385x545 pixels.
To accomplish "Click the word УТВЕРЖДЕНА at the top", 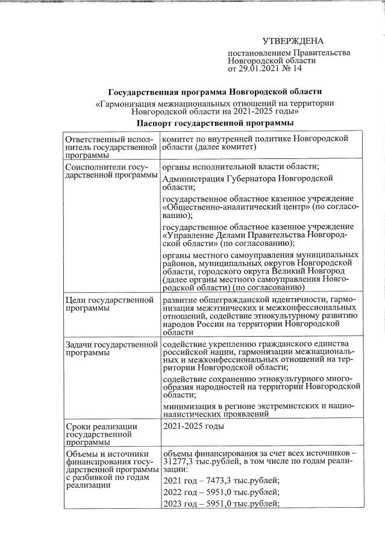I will click(x=293, y=41).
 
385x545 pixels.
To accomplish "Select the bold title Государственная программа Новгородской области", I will click(x=215, y=92).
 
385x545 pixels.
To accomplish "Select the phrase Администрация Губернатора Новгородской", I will click(x=248, y=179).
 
